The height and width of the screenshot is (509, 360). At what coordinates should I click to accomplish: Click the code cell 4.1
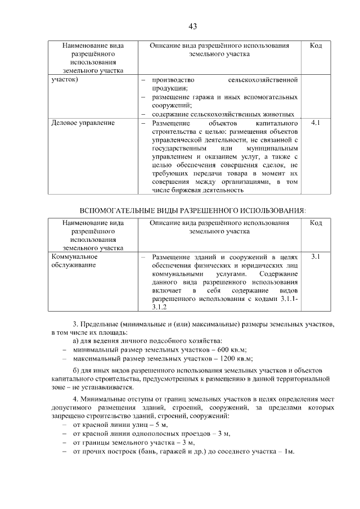316,122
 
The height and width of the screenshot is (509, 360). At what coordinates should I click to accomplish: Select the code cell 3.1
316,256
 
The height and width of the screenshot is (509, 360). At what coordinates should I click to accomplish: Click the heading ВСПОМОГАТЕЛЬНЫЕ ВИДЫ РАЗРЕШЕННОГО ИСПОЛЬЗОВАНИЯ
193,210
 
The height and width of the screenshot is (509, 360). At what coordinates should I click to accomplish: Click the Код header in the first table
316,45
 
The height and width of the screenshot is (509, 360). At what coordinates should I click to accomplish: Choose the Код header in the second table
316,223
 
